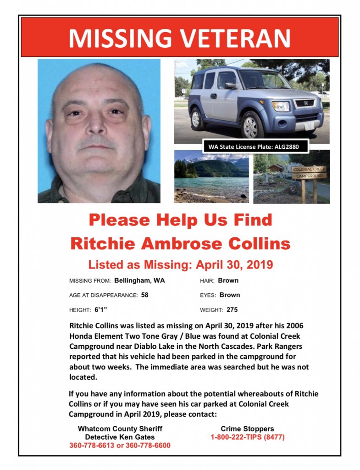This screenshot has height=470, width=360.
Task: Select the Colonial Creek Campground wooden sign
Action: (x=309, y=173)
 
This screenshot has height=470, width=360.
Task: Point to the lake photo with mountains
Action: (x=211, y=177)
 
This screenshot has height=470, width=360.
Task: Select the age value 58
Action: (x=145, y=295)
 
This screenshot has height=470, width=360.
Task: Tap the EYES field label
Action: (x=208, y=295)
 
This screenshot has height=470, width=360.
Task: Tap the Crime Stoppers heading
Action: (x=247, y=429)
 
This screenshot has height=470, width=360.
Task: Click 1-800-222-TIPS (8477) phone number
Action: (x=247, y=437)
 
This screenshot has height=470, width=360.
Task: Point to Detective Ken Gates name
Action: (x=120, y=437)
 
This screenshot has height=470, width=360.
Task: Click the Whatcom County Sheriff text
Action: (x=120, y=429)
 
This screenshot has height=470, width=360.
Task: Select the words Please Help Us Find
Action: (x=180, y=220)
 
